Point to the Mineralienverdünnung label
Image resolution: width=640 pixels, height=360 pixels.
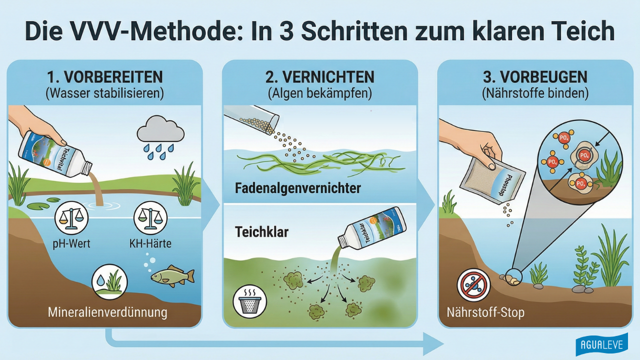coord(107,313)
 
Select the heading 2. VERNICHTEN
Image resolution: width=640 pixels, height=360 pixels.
coord(320,77)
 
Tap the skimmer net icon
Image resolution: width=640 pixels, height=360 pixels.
coord(250,301)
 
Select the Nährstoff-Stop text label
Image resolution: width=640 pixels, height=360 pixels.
coord(478,313)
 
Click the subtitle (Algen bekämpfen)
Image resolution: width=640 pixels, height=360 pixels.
coord(320,93)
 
